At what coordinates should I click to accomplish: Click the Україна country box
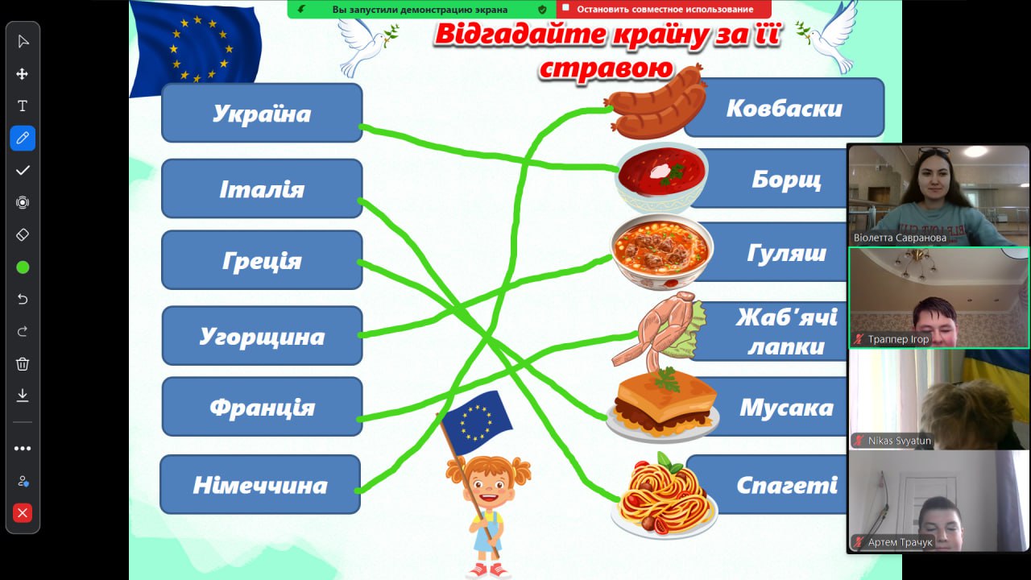click(262, 113)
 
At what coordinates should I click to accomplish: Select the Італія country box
click(262, 188)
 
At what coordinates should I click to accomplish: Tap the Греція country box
click(262, 260)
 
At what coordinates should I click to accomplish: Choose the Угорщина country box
click(262, 336)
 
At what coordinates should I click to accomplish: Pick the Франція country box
click(262, 407)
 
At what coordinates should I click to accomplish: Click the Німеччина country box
click(260, 484)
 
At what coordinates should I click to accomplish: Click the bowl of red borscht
click(661, 177)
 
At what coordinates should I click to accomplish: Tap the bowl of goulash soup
click(661, 252)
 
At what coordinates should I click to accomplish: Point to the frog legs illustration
click(659, 329)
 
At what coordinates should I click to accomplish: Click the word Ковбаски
click(785, 109)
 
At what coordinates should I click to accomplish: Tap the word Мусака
click(787, 408)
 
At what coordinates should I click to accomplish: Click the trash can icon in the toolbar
click(23, 364)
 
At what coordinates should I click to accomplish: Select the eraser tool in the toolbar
click(23, 234)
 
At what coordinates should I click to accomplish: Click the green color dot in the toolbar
click(23, 267)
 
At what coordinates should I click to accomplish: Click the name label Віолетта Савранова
click(900, 238)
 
